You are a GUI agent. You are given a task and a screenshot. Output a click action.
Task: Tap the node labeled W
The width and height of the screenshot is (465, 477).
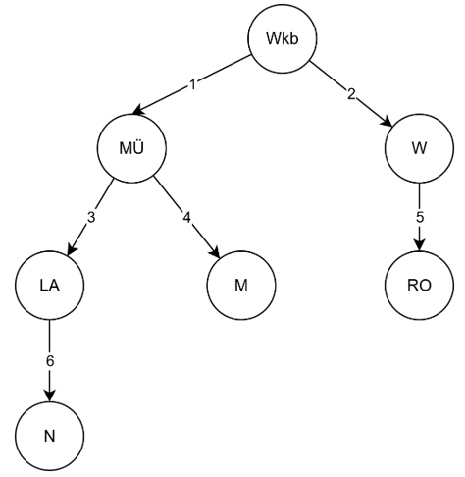[419, 150]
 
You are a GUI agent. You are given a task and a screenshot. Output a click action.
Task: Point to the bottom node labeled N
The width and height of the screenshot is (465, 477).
[50, 434]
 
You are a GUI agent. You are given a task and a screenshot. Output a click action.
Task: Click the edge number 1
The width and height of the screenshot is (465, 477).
[194, 86]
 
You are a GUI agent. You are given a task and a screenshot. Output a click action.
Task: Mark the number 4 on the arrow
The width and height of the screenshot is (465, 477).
[186, 216]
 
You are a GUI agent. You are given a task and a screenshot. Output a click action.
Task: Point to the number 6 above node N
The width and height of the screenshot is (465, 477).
[50, 359]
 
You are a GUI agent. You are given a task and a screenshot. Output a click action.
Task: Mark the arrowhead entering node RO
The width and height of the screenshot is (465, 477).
[419, 245]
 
